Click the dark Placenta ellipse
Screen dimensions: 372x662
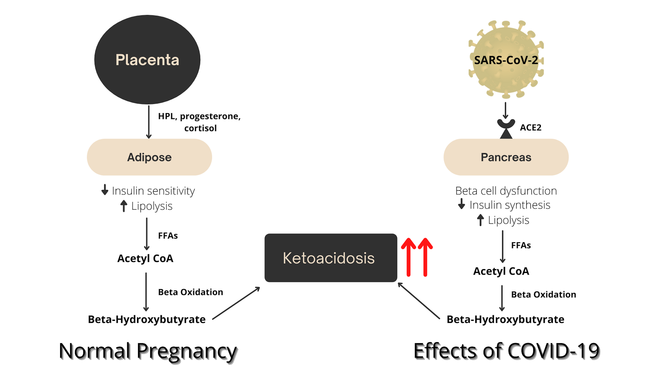(x=147, y=60)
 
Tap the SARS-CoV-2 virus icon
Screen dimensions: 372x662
(x=506, y=60)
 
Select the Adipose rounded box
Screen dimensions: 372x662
(x=149, y=157)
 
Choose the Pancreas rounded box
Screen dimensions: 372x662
(x=506, y=157)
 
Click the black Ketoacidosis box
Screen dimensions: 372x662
(x=331, y=258)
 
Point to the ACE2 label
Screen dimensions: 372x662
(x=530, y=127)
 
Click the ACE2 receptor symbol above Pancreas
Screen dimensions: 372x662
(x=506, y=128)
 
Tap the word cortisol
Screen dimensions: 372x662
(x=200, y=128)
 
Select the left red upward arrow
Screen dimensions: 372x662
(x=408, y=257)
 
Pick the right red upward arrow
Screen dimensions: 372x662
(x=425, y=257)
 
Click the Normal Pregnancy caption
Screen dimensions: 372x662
(x=148, y=351)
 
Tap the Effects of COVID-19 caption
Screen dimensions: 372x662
(x=506, y=351)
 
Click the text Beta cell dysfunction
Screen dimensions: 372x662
(x=506, y=191)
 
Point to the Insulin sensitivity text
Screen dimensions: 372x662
(x=153, y=191)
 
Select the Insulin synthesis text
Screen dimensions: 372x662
(x=510, y=205)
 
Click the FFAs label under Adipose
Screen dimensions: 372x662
(x=168, y=235)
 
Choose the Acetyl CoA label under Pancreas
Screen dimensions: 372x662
(x=501, y=271)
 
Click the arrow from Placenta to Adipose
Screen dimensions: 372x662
(x=149, y=122)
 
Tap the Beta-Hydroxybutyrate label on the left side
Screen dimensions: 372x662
(x=147, y=319)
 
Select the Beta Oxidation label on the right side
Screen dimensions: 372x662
(x=543, y=294)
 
